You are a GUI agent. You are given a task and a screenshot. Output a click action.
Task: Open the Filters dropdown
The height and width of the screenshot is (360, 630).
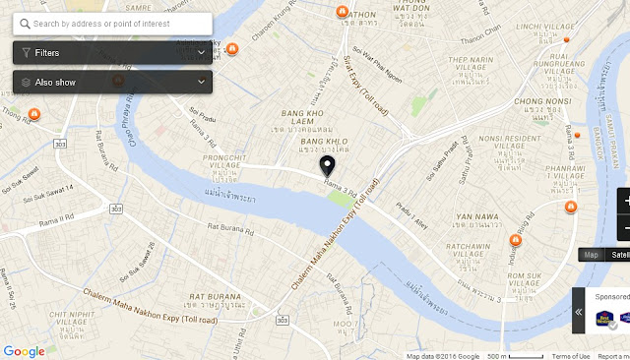(x=112, y=52)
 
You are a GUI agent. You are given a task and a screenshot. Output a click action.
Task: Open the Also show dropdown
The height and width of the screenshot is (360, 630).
(x=112, y=82)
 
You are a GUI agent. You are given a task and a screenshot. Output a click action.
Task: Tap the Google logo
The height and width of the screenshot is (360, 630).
(x=24, y=351)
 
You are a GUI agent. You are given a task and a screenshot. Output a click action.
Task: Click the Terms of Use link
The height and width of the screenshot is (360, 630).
(x=571, y=356)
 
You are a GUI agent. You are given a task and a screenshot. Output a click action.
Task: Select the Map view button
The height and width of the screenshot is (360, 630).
(x=591, y=255)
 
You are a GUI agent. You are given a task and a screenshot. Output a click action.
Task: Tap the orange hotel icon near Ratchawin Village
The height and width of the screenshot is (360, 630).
(x=514, y=239)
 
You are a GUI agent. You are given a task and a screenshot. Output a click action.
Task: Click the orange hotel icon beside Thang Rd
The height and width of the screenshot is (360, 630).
(x=33, y=115)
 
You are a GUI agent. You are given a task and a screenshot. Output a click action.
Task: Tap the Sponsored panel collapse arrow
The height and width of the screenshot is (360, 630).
(x=579, y=312)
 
